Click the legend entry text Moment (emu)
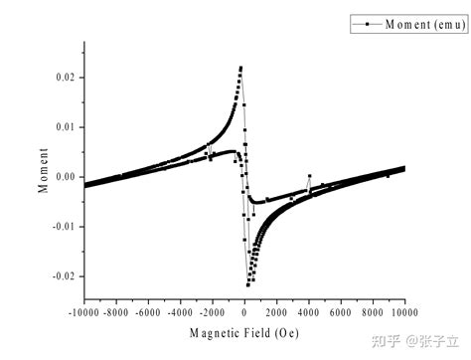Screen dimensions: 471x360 (425, 24)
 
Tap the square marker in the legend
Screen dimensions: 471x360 (367, 24)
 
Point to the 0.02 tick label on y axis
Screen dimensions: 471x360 (66, 78)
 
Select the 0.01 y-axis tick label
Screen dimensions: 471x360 (66, 127)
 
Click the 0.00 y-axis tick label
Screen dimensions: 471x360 (66, 177)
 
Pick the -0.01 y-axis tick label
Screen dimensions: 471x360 (64, 227)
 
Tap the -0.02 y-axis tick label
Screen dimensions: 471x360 (64, 276)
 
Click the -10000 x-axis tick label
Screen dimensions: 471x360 (83, 312)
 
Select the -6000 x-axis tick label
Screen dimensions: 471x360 (148, 312)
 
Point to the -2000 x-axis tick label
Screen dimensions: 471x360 (213, 312)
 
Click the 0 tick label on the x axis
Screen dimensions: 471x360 (244, 312)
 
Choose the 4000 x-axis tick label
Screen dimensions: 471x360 (309, 312)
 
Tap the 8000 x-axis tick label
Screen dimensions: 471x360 (373, 312)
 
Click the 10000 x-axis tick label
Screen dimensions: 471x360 (404, 312)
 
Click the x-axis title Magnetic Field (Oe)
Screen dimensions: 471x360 (244, 333)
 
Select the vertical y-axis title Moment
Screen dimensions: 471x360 (43, 170)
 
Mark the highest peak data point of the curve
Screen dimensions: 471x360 (240, 68)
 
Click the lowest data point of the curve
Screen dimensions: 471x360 (247, 284)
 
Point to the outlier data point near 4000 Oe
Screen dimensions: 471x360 (310, 176)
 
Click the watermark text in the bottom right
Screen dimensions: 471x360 (415, 341)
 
